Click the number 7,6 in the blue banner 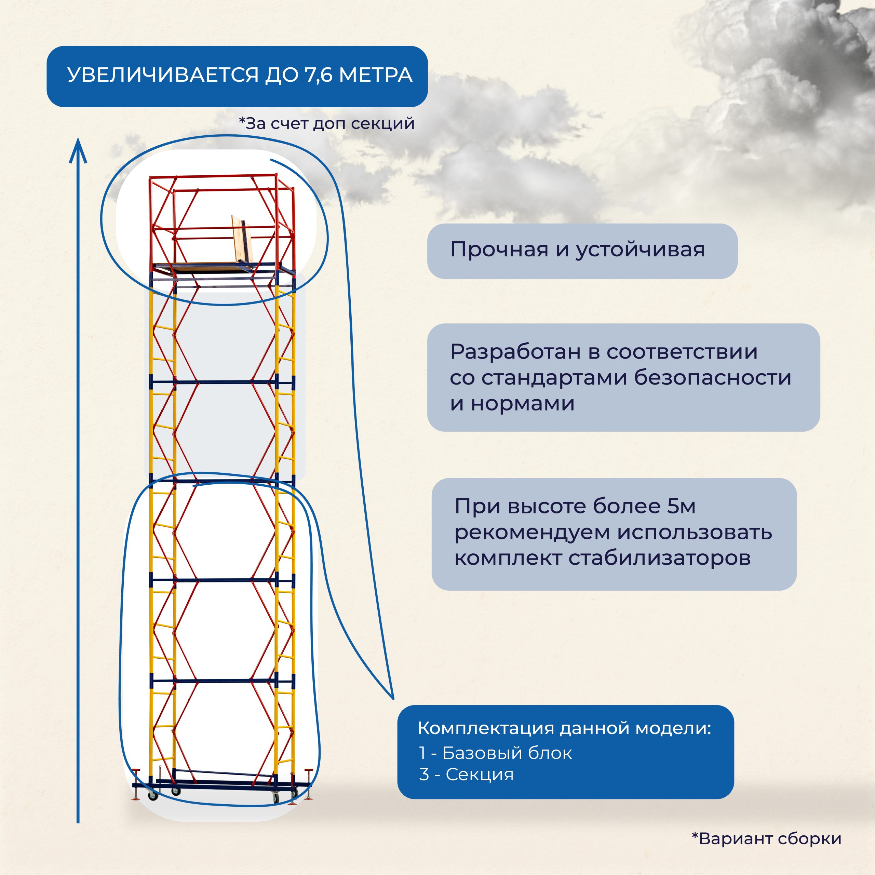[320, 75]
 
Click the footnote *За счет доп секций [326, 123]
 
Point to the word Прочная [499, 250]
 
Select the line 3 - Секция [467, 775]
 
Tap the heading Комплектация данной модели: [564, 728]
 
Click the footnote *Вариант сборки [766, 839]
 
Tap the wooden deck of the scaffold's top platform [213, 268]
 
